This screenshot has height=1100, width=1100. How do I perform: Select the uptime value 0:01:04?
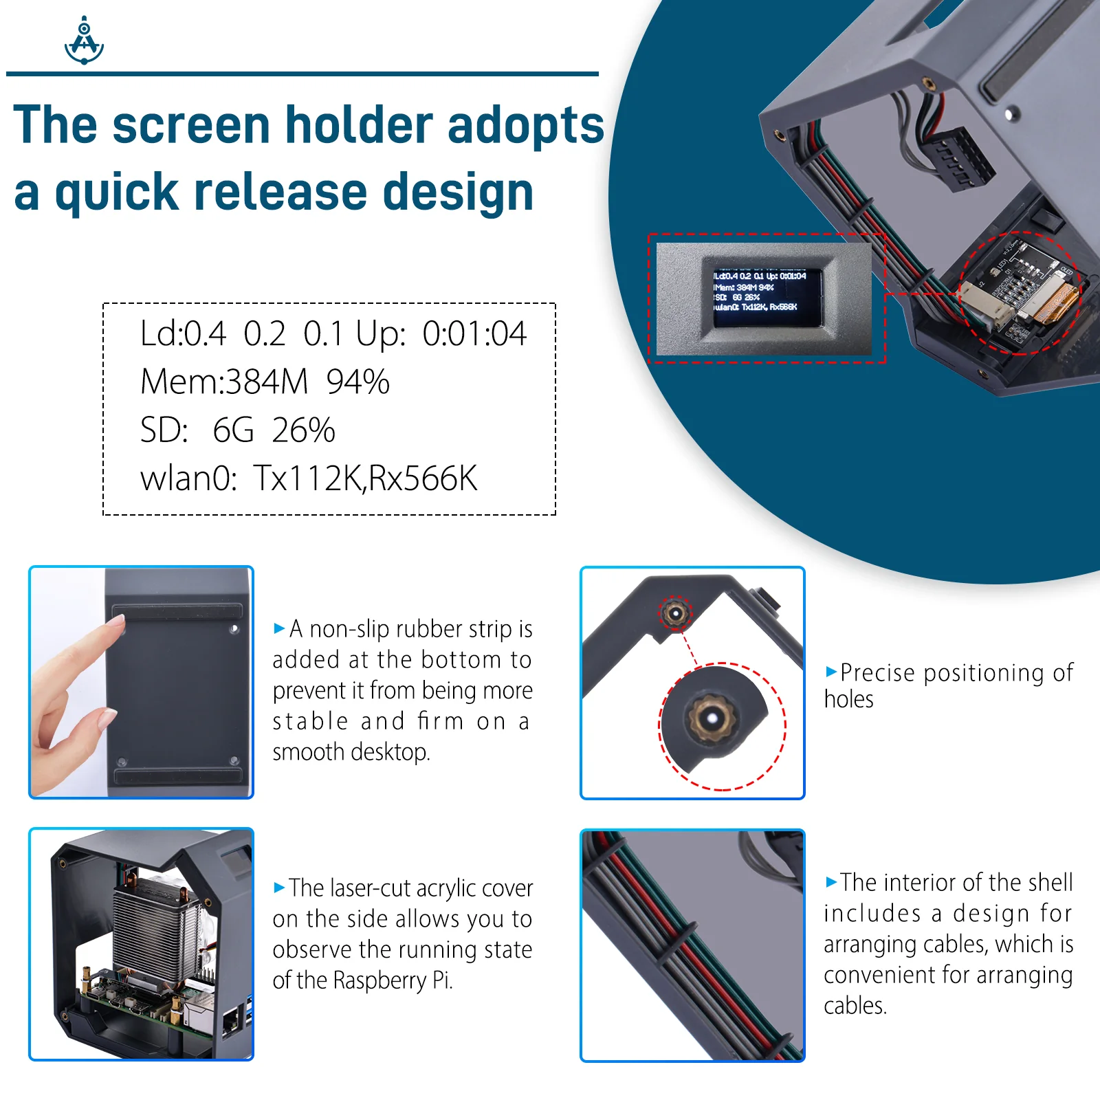[x=474, y=334]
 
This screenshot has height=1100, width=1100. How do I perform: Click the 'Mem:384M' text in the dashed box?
[x=224, y=382]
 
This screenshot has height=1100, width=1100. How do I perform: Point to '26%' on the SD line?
[x=303, y=431]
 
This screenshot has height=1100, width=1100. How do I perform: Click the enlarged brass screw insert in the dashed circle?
[x=712, y=718]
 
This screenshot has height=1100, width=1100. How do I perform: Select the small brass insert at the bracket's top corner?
[x=675, y=612]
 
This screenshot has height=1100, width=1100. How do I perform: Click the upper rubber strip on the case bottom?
[x=177, y=612]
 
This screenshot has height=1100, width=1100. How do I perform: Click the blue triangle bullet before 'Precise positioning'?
[x=831, y=671]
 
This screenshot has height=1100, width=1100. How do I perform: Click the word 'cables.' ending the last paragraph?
[x=855, y=1006]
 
